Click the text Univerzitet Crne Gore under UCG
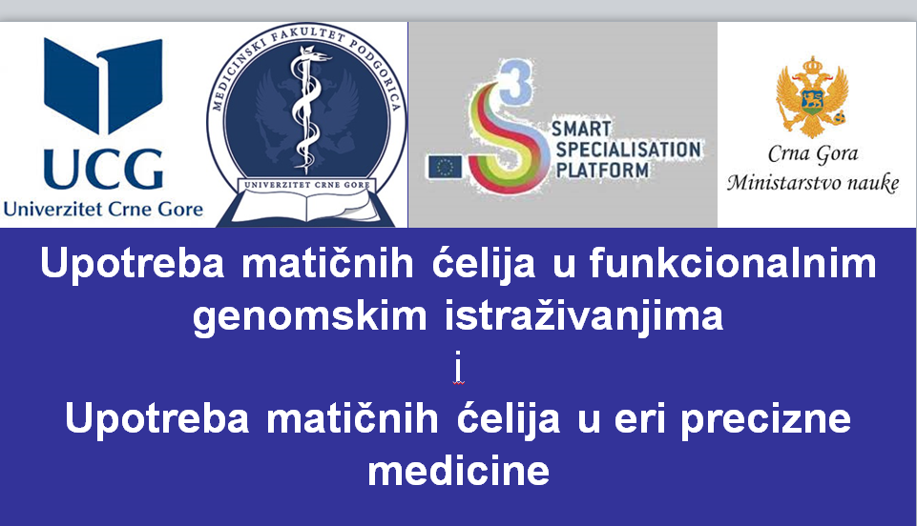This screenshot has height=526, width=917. coord(103,209)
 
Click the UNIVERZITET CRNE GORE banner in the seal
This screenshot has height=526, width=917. coord(307,185)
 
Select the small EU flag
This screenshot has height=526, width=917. coord(445,167)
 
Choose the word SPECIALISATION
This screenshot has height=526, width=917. coord(628,150)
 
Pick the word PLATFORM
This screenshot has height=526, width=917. coord(602,170)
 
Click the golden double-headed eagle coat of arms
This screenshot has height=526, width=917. coord(812,97)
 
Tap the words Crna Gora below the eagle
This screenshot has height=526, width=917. coord(813,153)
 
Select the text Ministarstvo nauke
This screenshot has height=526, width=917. coord(813,183)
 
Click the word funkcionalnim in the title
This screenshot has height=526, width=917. coord(733,263)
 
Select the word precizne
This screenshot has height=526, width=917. coord(765,419)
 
